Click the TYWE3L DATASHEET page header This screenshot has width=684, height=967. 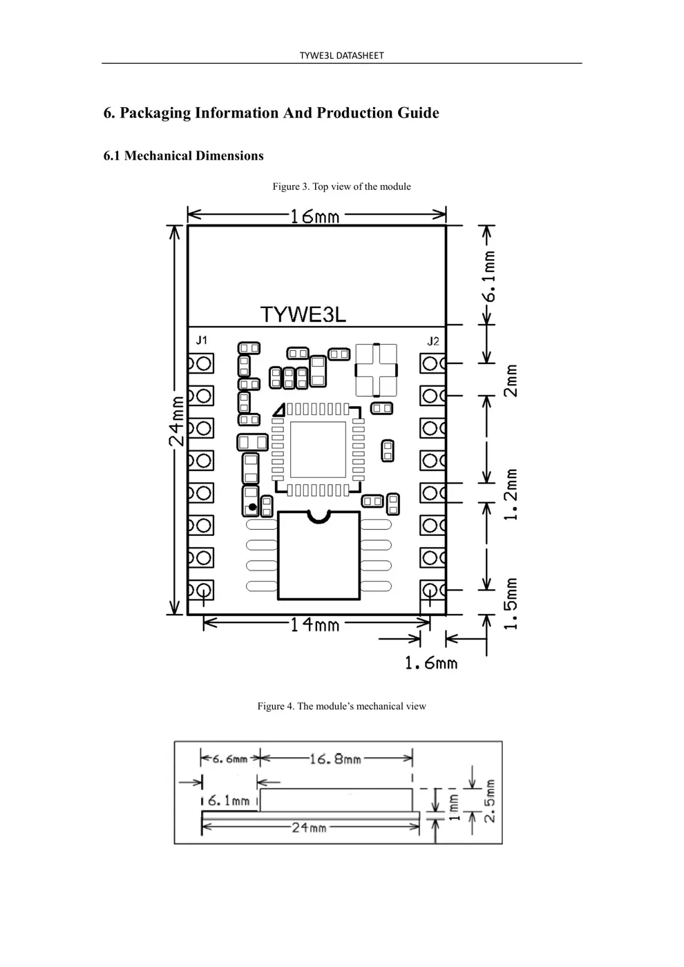[341, 55]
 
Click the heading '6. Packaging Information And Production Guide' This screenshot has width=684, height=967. [271, 113]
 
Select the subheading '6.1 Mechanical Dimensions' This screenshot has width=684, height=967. [183, 156]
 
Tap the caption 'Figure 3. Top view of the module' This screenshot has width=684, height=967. [341, 186]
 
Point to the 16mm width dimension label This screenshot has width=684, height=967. [314, 216]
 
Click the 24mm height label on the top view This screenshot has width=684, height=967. [178, 420]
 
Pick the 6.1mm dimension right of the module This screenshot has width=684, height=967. [489, 276]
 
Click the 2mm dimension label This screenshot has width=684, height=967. [511, 381]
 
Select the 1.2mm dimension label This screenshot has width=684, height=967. [511, 495]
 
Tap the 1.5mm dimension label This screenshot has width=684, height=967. [511, 604]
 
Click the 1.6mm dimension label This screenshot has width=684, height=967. [430, 664]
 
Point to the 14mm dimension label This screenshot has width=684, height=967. [314, 625]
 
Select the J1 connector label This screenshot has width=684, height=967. [201, 340]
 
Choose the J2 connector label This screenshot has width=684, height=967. [433, 341]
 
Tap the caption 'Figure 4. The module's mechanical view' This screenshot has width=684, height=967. [341, 706]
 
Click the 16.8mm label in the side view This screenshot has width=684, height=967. [334, 759]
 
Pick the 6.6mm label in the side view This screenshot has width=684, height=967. [229, 759]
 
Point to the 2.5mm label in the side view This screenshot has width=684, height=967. [489, 801]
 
